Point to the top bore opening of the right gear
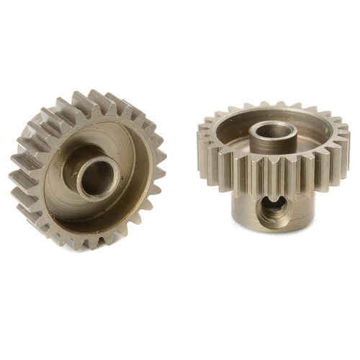click(272, 130)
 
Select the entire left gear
click(88, 171)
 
